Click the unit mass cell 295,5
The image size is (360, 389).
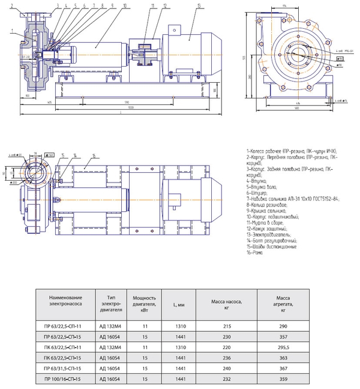[x=284, y=346]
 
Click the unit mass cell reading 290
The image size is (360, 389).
[x=284, y=324]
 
